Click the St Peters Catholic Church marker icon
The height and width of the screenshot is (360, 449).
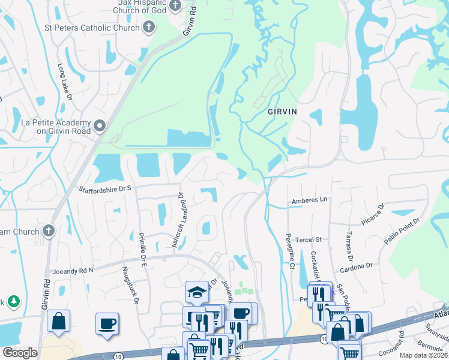pyautogui.click(x=149, y=27)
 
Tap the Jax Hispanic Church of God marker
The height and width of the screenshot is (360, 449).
pyautogui.click(x=175, y=6)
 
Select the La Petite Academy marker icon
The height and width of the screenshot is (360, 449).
pyautogui.click(x=100, y=125)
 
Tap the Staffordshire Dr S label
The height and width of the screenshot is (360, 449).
pyautogui.click(x=105, y=189)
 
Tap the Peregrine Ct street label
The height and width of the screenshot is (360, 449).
pyautogui.click(x=289, y=251)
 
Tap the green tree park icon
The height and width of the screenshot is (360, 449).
pyautogui.click(x=14, y=301)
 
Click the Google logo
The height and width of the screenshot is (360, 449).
pyautogui.click(x=20, y=353)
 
